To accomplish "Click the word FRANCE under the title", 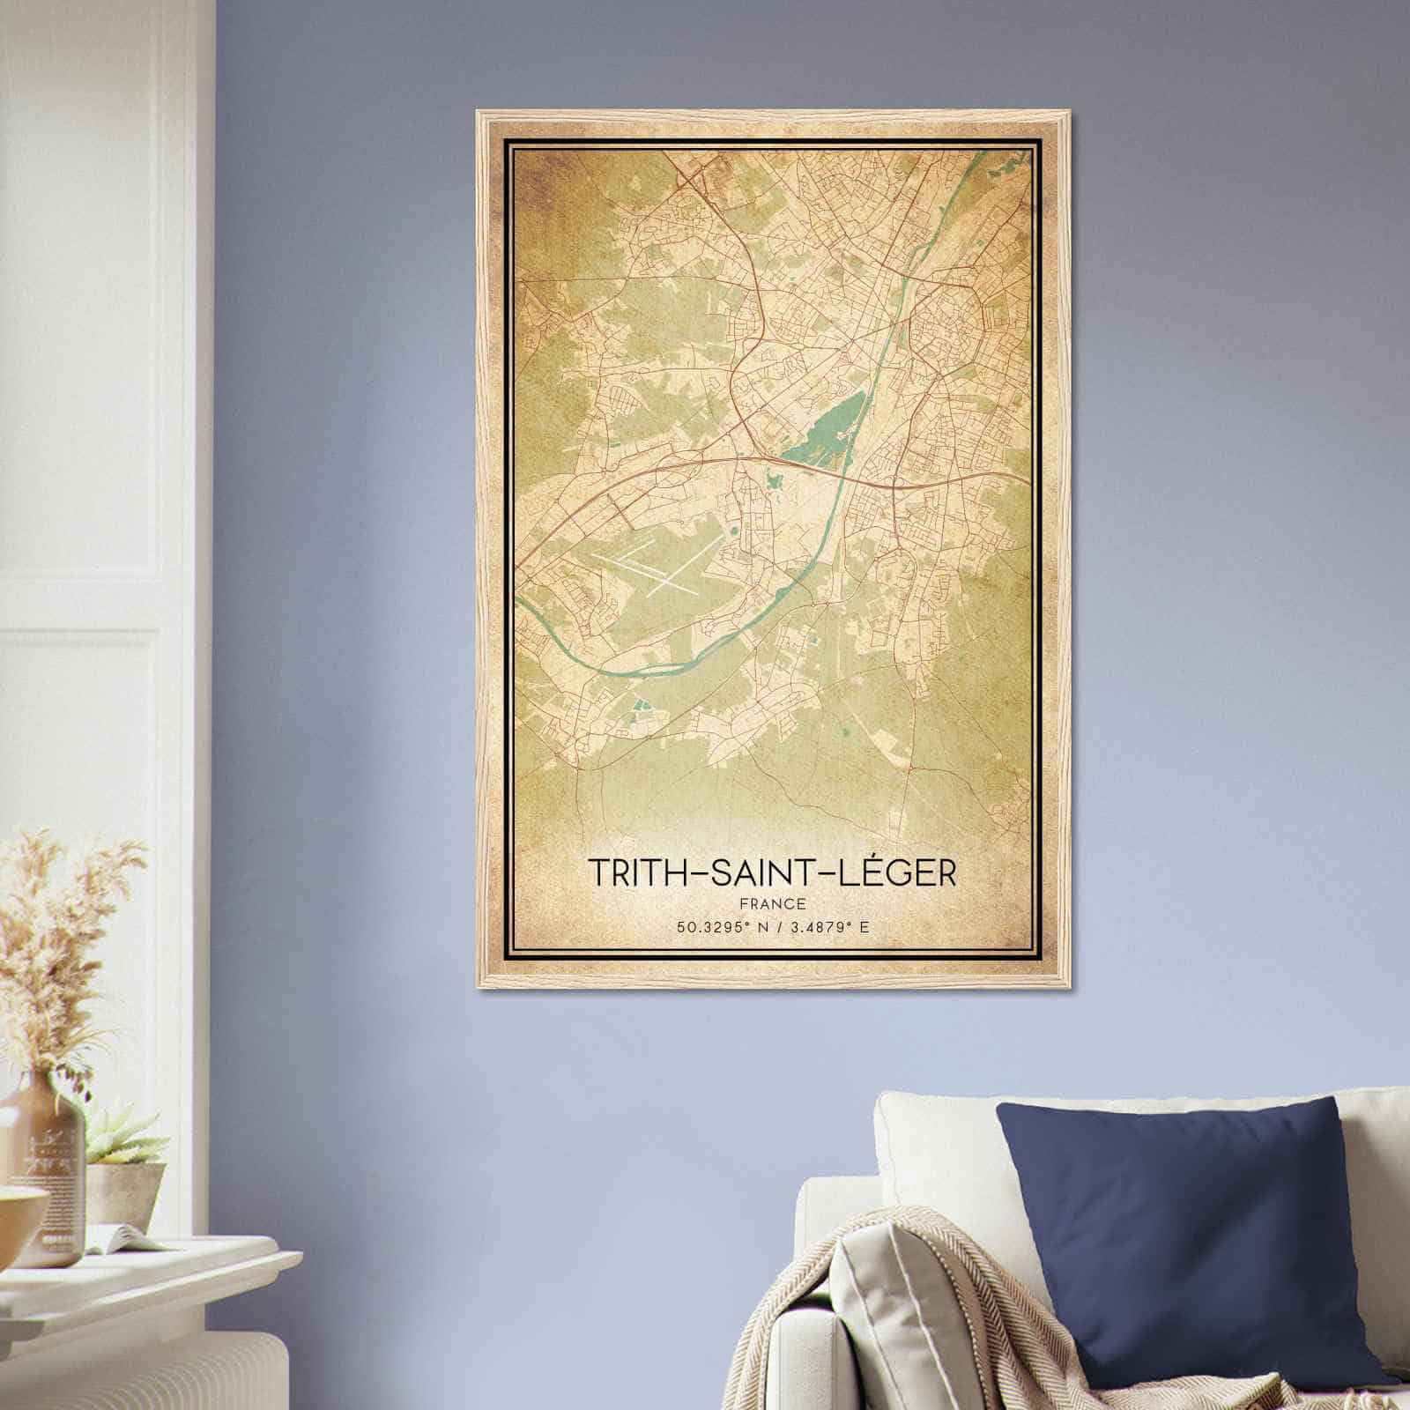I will click(772, 903).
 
